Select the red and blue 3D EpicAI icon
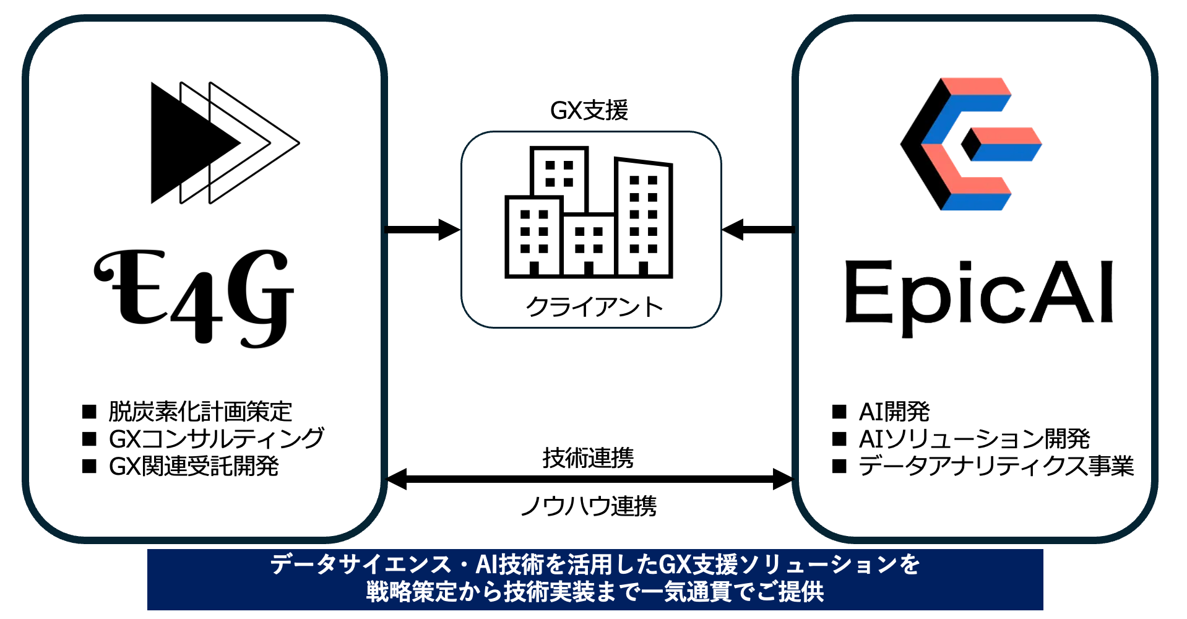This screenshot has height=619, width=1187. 969,144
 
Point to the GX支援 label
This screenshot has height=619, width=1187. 589,111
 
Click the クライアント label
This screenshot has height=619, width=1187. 593,306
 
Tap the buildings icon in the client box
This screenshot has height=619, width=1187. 589,212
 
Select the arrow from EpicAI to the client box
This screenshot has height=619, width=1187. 758,230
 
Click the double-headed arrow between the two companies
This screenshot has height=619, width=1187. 589,479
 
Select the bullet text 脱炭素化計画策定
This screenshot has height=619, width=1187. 200,412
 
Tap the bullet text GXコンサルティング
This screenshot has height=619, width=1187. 216,439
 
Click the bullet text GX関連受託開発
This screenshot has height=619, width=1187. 194,466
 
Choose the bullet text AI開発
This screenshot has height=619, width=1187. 894,412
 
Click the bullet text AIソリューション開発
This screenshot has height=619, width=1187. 974,439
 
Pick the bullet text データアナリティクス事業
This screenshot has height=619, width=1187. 996,466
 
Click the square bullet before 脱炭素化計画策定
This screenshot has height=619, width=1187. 90,412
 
